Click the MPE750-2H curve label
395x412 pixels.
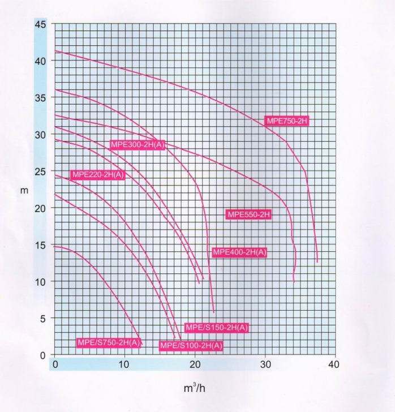click(286, 121)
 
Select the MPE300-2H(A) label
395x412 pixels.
click(138, 145)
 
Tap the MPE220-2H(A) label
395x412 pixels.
click(97, 174)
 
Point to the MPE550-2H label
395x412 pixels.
click(249, 214)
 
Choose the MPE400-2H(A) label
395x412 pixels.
click(239, 252)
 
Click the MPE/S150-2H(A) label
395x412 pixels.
click(217, 328)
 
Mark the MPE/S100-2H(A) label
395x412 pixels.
click(191, 346)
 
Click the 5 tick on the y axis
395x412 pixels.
click(42, 319)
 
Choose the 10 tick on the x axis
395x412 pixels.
click(124, 364)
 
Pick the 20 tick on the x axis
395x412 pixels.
click(195, 364)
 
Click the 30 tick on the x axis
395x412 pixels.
click(265, 364)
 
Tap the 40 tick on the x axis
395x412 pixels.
click(334, 364)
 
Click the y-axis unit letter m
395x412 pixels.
click(24, 190)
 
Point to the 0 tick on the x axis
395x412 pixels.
click(55, 364)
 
